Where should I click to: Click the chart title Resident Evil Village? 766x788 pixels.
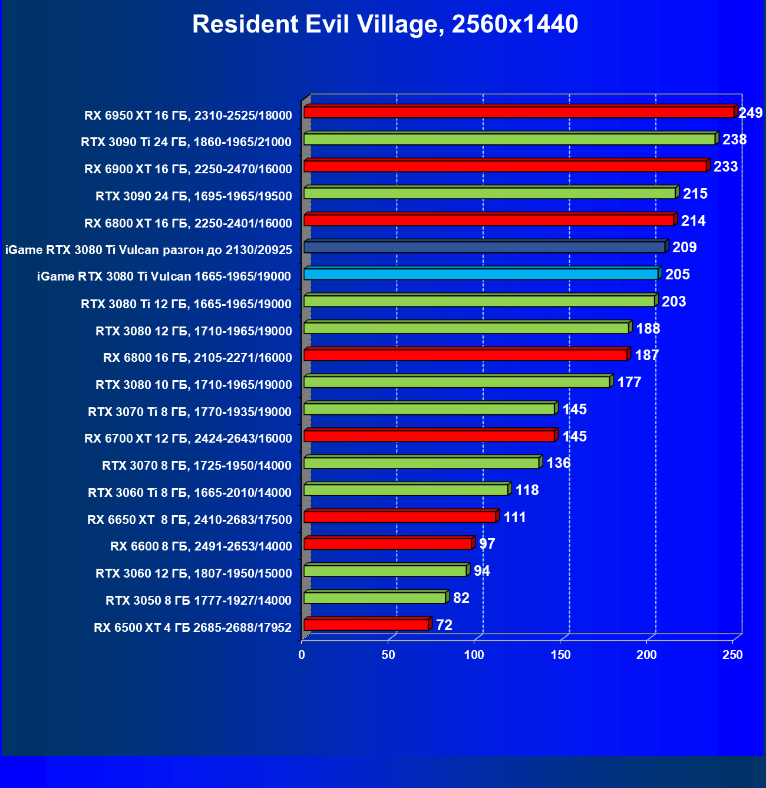click(x=385, y=25)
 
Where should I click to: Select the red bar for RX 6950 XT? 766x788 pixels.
click(x=519, y=113)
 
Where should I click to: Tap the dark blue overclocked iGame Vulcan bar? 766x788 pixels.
click(x=484, y=248)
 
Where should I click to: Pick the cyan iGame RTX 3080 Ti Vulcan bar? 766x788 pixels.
click(x=481, y=274)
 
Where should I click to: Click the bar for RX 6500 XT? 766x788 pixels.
click(x=366, y=625)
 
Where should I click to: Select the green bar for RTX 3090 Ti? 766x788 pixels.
click(x=510, y=140)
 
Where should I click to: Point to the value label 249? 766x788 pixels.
click(x=750, y=113)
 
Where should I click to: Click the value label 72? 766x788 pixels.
click(x=444, y=625)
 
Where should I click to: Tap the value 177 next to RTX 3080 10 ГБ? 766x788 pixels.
click(x=629, y=383)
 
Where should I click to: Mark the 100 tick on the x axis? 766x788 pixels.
click(x=474, y=655)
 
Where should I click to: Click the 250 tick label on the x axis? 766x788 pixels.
click(x=732, y=655)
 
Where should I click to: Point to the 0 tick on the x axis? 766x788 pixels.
click(x=302, y=655)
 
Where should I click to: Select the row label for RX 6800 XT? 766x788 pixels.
click(x=188, y=223)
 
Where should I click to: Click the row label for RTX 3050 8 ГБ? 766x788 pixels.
click(x=199, y=601)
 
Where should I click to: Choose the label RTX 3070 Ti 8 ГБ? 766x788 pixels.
click(x=190, y=412)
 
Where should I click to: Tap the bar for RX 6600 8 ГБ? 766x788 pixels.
click(x=388, y=544)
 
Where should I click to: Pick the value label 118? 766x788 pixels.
click(x=527, y=490)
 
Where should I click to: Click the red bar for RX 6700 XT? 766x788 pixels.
click(x=429, y=436)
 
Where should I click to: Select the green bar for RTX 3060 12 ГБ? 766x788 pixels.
click(x=385, y=571)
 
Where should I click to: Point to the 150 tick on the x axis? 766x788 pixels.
click(x=560, y=655)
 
